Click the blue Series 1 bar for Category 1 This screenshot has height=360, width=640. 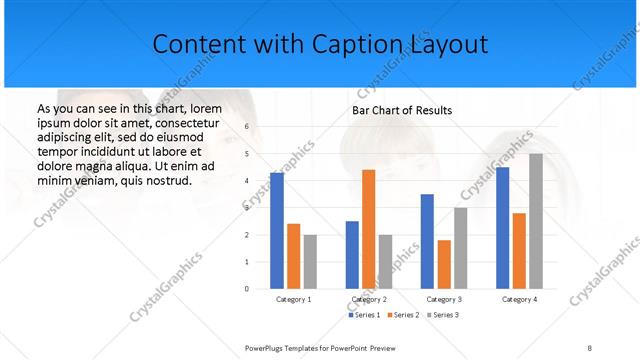click(x=277, y=231)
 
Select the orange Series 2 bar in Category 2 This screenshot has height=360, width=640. click(x=369, y=229)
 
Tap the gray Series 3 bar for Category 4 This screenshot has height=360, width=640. click(x=536, y=221)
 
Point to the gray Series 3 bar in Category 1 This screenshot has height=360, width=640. click(x=310, y=262)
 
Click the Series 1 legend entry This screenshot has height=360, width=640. click(x=365, y=315)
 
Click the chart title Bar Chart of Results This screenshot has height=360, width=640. click(x=401, y=110)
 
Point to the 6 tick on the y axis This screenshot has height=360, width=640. click(x=246, y=127)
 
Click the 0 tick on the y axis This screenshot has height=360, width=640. click(x=246, y=288)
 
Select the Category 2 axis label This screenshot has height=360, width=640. click(x=369, y=299)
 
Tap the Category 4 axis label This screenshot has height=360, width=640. click(x=520, y=299)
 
